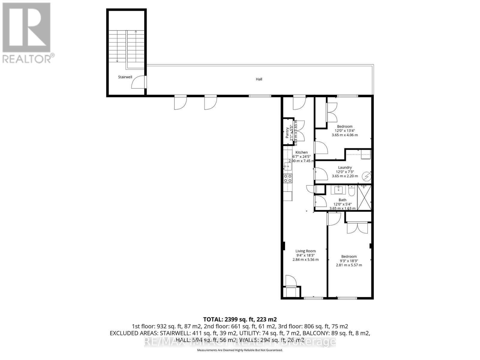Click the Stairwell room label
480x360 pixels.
pos(125,77)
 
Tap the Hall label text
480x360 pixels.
pos(259,79)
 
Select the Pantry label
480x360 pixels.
pos(287,132)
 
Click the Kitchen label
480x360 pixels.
pos(301,152)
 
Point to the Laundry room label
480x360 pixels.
pos(345,167)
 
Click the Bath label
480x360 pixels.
pos(342,200)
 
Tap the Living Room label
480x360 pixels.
pos(305,251)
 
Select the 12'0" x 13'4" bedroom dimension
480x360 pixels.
pos(344,131)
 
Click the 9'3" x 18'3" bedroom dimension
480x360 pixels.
pos(349,261)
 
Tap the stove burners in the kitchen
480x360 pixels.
pos(288,178)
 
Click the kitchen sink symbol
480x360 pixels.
pos(287,166)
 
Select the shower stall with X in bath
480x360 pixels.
pos(364,197)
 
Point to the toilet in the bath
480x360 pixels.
pos(352,191)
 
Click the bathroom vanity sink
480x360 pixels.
pos(338,190)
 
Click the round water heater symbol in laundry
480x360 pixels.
pos(366,177)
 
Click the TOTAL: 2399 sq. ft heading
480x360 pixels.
pos(240,319)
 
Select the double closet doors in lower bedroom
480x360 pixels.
pos(357,228)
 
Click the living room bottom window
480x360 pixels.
pos(313,298)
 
